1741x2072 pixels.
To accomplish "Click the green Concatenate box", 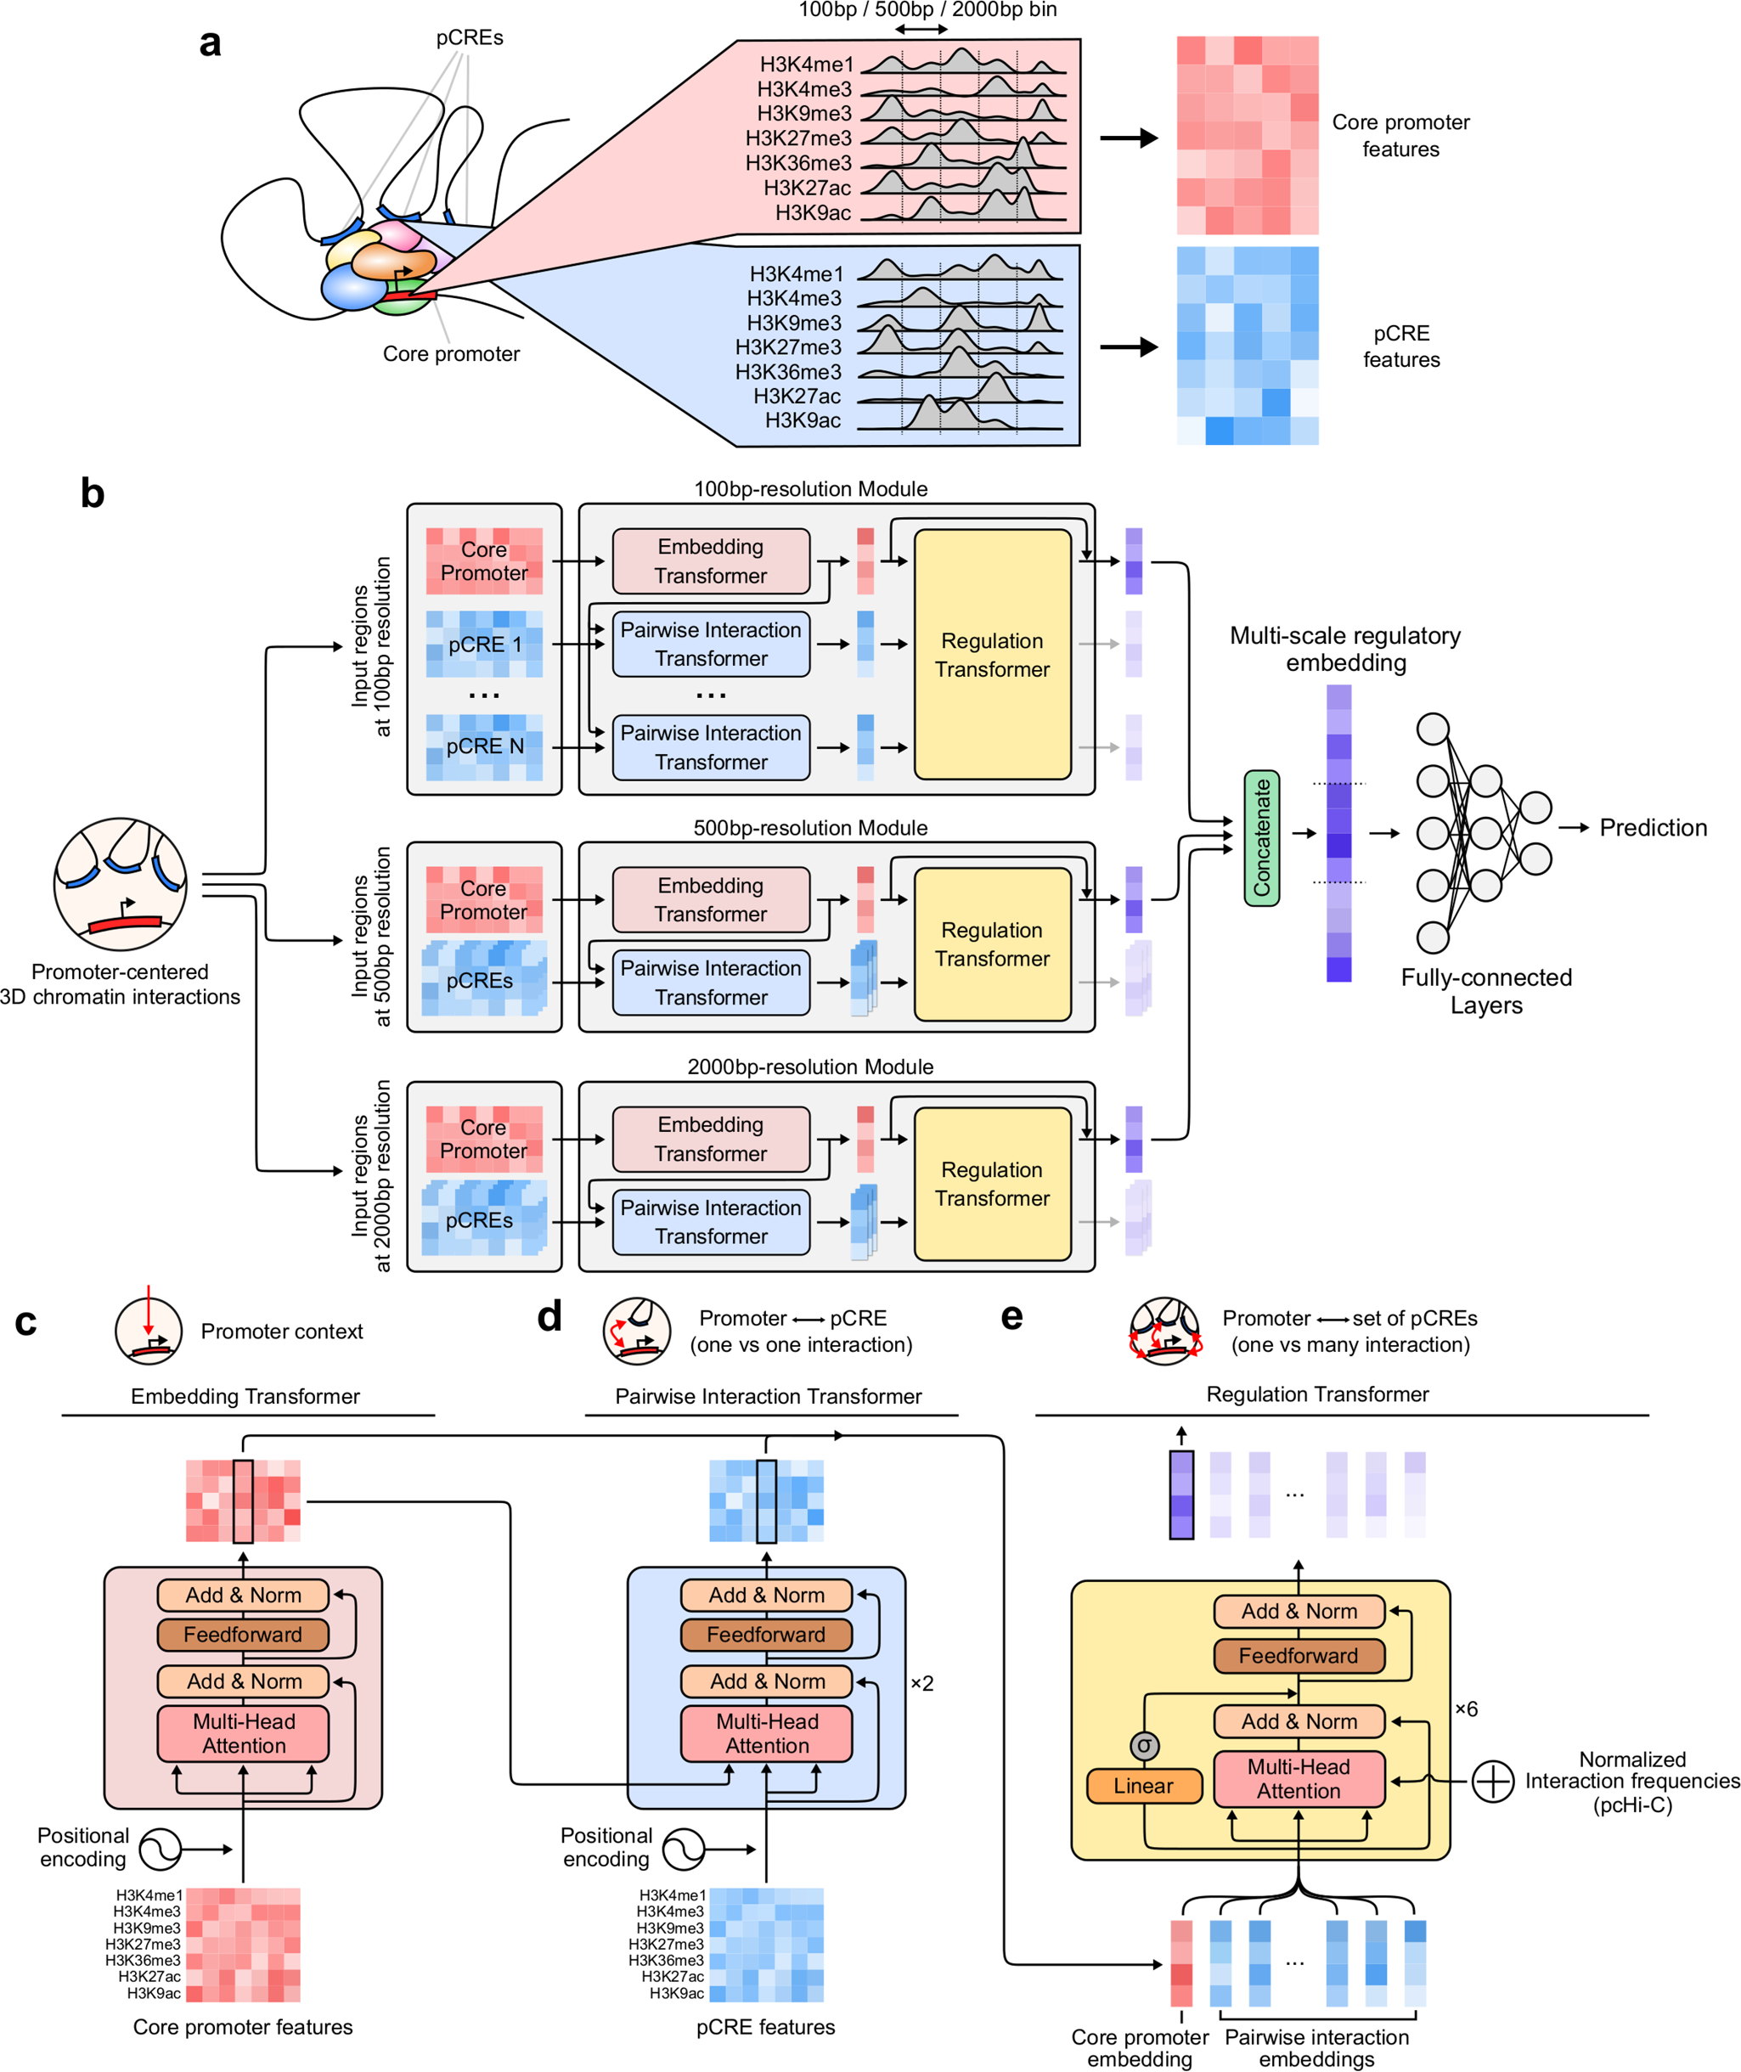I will pos(1261,837).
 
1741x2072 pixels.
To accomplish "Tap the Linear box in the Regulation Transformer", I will pos(1144,1785).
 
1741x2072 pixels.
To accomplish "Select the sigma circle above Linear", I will pos(1144,1745).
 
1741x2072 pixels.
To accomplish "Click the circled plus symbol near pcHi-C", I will pos(1492,1781).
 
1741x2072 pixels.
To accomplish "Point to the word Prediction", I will pos(1654,828).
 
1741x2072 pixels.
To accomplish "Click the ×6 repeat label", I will pos(1467,1709).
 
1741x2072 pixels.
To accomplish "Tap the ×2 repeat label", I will pos(921,1683).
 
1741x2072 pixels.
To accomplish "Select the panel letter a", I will pos(211,43).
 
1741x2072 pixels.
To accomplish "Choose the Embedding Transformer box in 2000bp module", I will pos(711,1139).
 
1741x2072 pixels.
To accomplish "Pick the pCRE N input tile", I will pos(483,747).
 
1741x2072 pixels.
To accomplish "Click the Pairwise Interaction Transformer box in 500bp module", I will pos(711,983).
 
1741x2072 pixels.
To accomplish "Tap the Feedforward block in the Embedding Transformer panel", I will pos(243,1635).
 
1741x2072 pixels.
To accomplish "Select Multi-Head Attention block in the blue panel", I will pos(767,1733).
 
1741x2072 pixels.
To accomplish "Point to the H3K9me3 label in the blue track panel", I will pos(795,323).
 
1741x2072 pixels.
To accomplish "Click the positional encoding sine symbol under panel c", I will pos(160,1849).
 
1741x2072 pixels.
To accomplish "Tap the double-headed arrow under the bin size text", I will pos(921,30).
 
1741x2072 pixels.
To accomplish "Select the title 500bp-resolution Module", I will pos(810,828).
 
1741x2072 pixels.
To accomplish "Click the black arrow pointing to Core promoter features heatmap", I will pos(1128,138).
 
